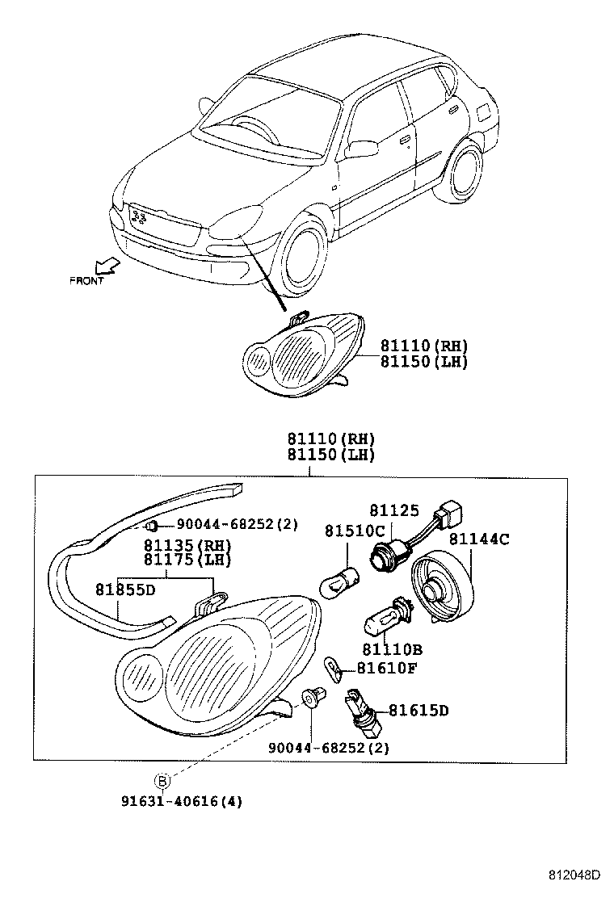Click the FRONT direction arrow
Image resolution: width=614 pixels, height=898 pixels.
(x=104, y=266)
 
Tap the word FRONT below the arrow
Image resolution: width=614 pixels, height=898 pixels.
(x=86, y=281)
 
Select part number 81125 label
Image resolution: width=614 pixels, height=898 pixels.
(x=395, y=510)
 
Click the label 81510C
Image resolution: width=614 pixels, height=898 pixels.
(x=355, y=531)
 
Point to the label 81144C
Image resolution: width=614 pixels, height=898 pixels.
(x=479, y=539)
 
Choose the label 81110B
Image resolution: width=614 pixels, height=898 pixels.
(x=392, y=649)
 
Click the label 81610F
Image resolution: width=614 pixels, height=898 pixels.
(x=387, y=668)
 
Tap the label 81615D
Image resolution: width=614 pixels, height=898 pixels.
(x=418, y=711)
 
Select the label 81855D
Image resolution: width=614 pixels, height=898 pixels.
(x=125, y=590)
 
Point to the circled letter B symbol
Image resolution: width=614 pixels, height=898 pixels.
(x=162, y=780)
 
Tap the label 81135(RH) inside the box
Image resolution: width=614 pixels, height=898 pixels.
(x=187, y=545)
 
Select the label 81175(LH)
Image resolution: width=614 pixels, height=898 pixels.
(x=187, y=560)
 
